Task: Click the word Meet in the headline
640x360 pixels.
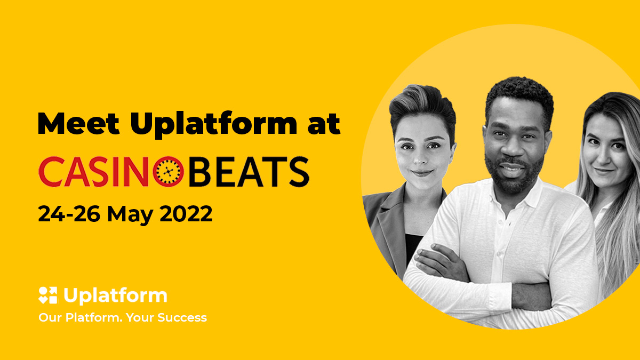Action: [x=78, y=123]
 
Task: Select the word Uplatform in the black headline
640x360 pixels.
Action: [x=214, y=124]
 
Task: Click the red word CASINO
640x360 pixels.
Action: [x=111, y=171]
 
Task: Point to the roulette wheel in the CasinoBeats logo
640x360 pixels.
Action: [x=169, y=171]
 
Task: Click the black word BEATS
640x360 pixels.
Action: [x=249, y=172]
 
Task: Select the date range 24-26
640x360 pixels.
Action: [x=69, y=214]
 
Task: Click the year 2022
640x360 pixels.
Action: [x=186, y=214]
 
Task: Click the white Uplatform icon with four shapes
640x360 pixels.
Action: [x=47, y=295]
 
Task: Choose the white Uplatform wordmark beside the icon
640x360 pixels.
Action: [x=115, y=296]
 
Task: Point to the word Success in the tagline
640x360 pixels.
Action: [x=182, y=318]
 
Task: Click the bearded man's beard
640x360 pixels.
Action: [x=514, y=174]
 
